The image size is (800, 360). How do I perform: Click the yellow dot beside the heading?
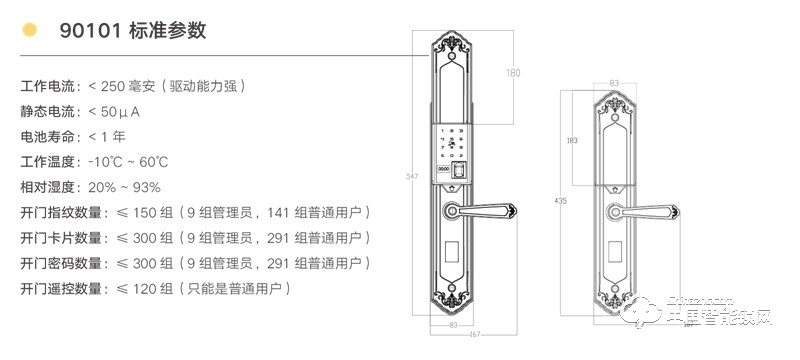(x=30, y=30)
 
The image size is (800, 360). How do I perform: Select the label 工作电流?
(x=46, y=85)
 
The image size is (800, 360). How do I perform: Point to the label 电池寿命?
(x=46, y=136)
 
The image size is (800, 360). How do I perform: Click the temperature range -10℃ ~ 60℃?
(x=128, y=161)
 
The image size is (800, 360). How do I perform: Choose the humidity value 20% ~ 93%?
(x=125, y=187)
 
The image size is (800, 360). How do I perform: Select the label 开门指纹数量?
(x=61, y=212)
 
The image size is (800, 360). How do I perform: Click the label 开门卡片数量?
(x=61, y=238)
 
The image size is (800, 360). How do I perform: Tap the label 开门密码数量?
(x=61, y=263)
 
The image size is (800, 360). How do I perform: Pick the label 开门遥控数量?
(x=61, y=289)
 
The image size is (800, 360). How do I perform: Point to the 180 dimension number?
(x=514, y=72)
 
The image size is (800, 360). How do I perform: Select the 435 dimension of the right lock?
(x=560, y=202)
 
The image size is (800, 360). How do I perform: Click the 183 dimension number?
(x=572, y=140)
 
